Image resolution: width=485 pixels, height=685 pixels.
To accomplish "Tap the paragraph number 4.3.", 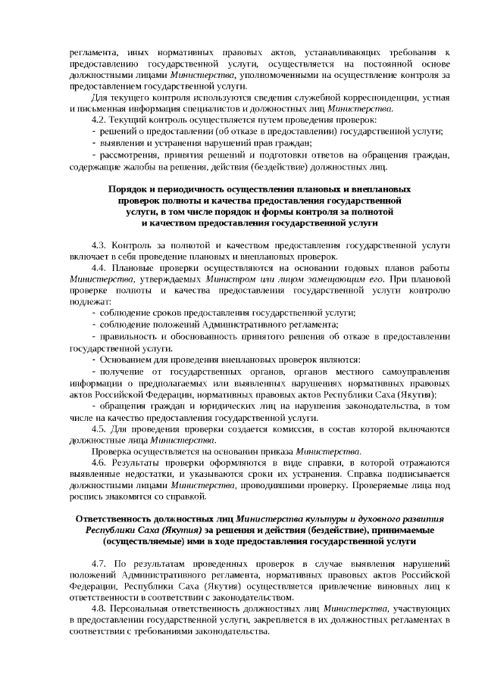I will (x=99, y=246).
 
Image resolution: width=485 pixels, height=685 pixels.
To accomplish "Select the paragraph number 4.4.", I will (x=99, y=268).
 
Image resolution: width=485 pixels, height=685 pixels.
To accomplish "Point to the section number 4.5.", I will (x=99, y=429).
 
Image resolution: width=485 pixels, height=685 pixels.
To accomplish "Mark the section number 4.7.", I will (x=99, y=564).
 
